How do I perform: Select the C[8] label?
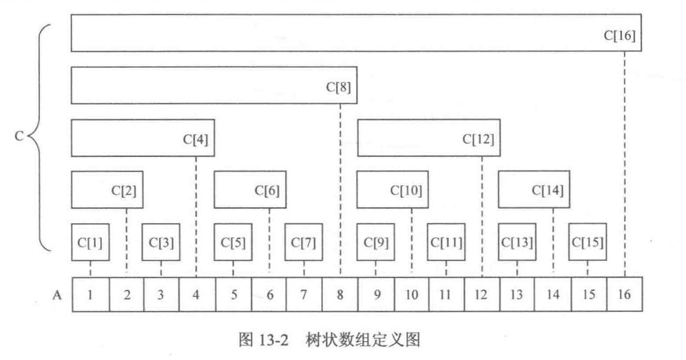(339, 87)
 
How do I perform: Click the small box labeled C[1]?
(90, 242)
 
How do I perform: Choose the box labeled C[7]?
(304, 242)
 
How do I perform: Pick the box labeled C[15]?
(588, 242)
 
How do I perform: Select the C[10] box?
(389, 190)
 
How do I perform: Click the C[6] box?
(249, 190)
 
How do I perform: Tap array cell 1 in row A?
(90, 295)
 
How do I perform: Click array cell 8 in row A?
(340, 295)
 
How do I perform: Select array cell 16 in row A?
(625, 295)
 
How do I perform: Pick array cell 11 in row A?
(446, 295)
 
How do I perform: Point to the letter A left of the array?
(58, 295)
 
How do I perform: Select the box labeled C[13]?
(517, 242)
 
